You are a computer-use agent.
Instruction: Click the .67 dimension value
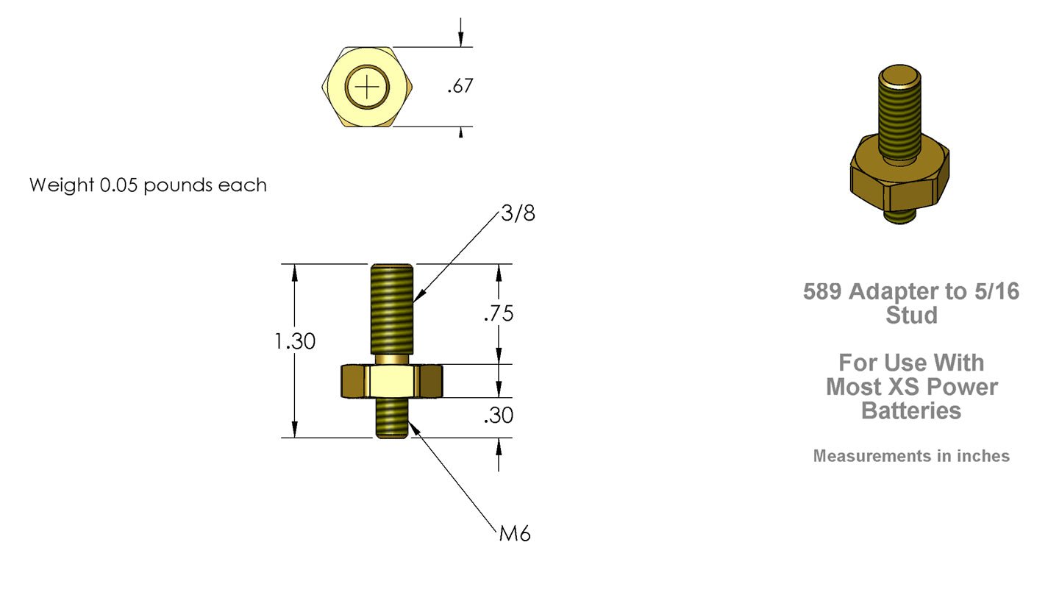click(460, 87)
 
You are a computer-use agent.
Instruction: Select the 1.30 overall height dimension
click(295, 341)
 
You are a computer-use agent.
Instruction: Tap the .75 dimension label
click(499, 314)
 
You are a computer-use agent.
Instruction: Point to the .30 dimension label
click(499, 416)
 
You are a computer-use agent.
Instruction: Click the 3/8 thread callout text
click(518, 213)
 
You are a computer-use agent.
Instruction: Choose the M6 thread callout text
click(515, 534)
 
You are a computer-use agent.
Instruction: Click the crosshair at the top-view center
click(367, 87)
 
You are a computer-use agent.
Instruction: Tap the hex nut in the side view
click(391, 381)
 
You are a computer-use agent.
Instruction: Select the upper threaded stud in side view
click(391, 309)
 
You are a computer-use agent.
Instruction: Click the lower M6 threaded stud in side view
click(391, 418)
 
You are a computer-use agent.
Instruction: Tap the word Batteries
click(911, 410)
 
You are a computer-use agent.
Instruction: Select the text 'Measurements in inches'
click(911, 456)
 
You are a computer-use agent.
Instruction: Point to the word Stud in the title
click(911, 316)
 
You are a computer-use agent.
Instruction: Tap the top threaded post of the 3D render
click(899, 110)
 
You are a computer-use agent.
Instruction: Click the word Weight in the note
click(62, 185)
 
